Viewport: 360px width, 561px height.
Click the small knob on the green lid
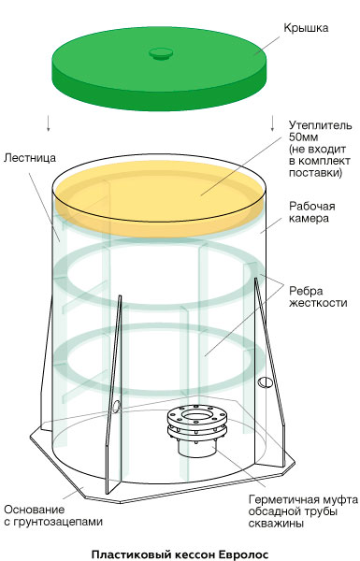tap(161, 53)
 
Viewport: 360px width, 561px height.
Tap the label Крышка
tap(306, 28)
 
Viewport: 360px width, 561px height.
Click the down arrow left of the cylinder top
tap(48, 123)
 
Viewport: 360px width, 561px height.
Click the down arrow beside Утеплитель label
tap(272, 123)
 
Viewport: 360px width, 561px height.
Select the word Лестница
tap(30, 157)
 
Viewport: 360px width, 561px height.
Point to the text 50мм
tap(304, 137)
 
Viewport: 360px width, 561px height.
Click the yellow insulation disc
tap(160, 198)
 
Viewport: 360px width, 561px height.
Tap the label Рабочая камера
tap(311, 212)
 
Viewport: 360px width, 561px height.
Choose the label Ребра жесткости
tap(318, 296)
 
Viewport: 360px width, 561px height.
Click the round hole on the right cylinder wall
tap(266, 382)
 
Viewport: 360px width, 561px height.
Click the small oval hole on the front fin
tap(116, 406)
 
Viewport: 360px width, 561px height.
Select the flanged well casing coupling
tap(197, 430)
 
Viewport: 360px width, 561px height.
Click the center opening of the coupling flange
tap(197, 415)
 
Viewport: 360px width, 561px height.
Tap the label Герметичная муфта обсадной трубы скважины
tap(303, 511)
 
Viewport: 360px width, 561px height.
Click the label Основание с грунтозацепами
tap(53, 515)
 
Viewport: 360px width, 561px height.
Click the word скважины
tap(276, 524)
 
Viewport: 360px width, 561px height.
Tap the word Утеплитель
tap(321, 125)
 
